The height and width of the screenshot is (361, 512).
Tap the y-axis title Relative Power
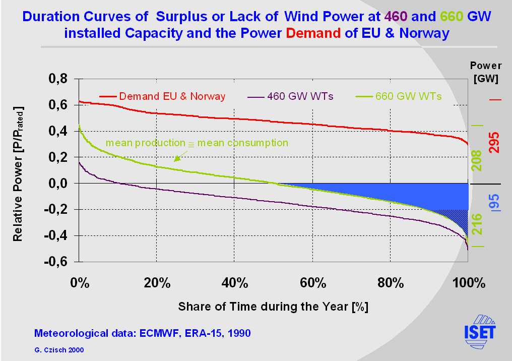click(18, 173)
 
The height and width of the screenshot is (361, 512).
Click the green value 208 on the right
click(477, 160)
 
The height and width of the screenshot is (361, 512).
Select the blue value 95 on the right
click(495, 202)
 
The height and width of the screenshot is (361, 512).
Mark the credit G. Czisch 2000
click(59, 349)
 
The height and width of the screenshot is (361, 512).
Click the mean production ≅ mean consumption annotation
click(197, 143)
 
